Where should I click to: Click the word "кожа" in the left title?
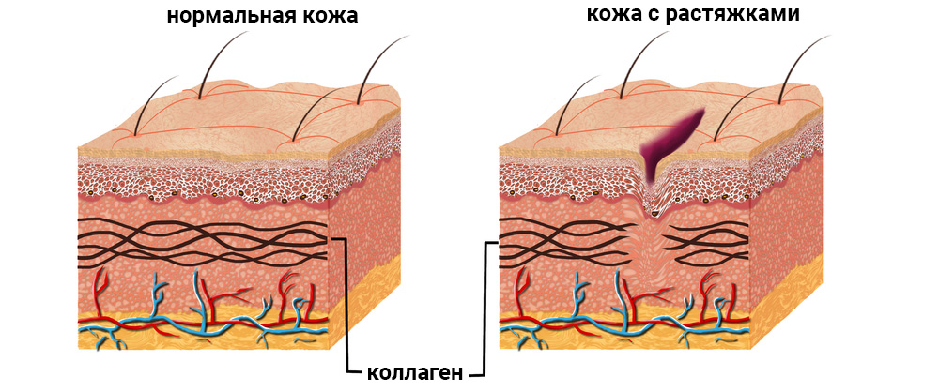click(332, 16)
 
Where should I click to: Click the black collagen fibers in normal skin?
click(202, 242)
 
